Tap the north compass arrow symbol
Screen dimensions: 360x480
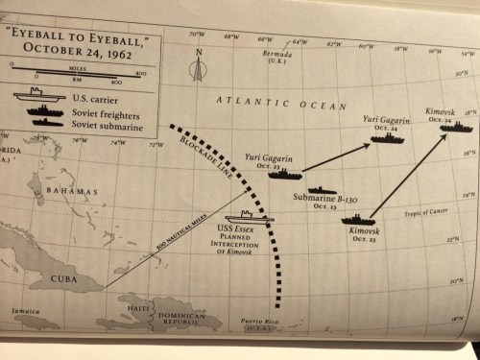coord(197,68)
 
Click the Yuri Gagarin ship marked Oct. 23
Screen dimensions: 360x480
coord(289,174)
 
